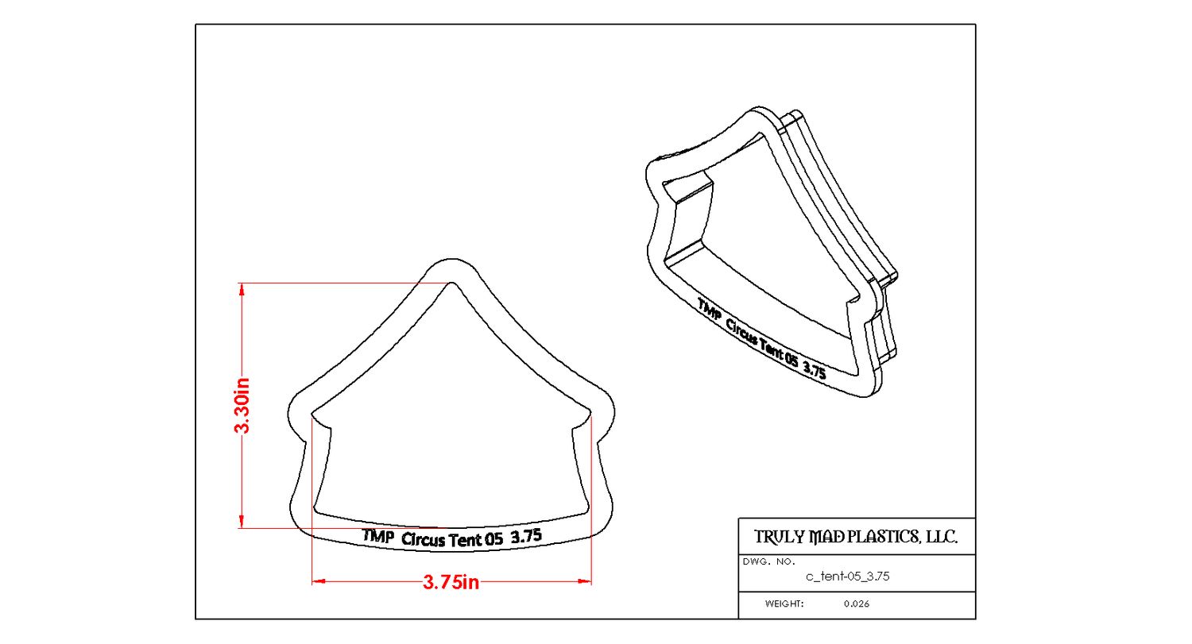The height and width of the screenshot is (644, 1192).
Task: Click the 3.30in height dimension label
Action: point(242,405)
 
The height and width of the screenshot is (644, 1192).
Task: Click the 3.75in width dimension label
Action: point(451,583)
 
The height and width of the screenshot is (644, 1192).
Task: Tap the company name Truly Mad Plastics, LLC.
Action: point(855,537)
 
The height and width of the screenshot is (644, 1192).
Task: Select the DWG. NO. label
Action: point(768,561)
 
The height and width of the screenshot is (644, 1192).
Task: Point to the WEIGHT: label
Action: point(784,604)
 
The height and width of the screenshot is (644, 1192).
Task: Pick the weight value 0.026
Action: point(857,604)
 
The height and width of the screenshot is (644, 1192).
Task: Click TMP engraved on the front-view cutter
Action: point(378,536)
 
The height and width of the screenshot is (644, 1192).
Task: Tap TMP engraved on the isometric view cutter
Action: point(710,309)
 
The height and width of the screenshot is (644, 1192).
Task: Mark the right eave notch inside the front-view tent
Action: point(589,416)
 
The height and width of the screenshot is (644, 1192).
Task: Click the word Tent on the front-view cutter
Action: point(466,540)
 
